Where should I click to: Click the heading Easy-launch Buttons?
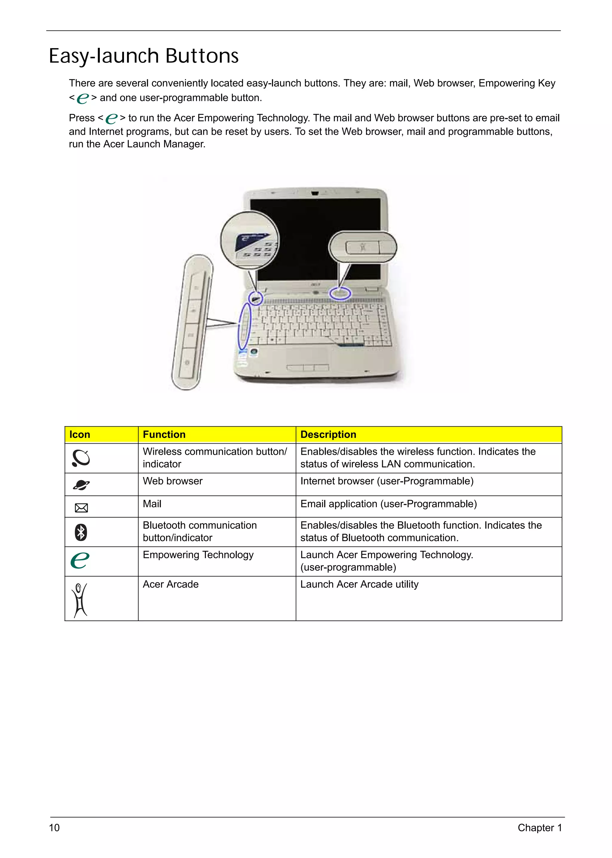tap(143, 56)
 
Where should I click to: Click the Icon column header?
tap(80, 435)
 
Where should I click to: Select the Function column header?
tap(164, 435)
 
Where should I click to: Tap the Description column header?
tap(328, 435)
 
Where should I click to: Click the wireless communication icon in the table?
tap(81, 458)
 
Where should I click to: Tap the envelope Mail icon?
tap(81, 508)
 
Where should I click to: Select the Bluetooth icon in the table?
tap(81, 532)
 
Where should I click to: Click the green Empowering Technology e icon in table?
tap(80, 560)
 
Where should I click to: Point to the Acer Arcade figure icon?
tap(80, 600)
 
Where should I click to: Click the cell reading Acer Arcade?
tap(171, 585)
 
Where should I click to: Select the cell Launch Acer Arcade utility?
tap(359, 585)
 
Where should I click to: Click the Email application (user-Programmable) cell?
tap(388, 504)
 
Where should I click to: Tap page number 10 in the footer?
tap(54, 828)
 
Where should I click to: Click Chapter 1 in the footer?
tap(539, 828)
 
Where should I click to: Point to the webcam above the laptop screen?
tap(315, 194)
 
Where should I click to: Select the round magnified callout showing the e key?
tap(250, 240)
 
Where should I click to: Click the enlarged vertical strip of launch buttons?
tap(192, 322)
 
